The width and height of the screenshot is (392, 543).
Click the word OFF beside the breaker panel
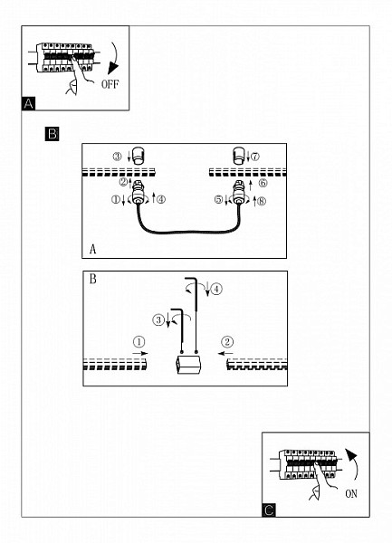pos(110,84)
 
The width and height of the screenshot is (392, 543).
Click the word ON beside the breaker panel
pos(351,494)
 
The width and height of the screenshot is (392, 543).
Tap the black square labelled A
pos(28,103)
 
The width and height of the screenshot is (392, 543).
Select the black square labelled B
pos(52,134)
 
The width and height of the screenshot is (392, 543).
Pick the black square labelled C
pos(269,510)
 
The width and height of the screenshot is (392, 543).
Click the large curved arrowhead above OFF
pos(112,67)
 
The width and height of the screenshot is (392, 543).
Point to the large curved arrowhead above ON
pos(351,455)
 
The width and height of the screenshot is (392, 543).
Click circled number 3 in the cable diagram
pos(118,157)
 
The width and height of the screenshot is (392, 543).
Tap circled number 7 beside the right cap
pos(255,157)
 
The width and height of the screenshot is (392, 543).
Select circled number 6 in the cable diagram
pos(263,183)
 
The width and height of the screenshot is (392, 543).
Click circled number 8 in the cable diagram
pos(262,201)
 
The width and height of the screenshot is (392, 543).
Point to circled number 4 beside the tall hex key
pos(216,289)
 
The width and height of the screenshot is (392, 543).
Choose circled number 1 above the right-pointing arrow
pos(139,342)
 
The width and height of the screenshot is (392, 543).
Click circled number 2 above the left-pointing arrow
pos(227,342)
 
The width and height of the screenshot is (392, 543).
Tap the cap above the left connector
pos(139,155)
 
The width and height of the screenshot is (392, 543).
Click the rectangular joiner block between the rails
pos(188,365)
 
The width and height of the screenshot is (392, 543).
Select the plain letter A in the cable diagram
pos(92,249)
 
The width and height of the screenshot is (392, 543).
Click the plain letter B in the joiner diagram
pos(93,279)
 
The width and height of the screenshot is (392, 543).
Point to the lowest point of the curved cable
pos(188,233)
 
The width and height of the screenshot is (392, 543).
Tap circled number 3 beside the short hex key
pos(158,319)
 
